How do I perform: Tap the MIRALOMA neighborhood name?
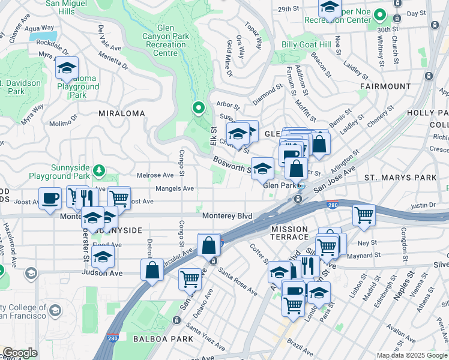[x=122, y=113]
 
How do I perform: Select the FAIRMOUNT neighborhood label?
[x=385, y=86]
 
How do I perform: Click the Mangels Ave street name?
[x=175, y=188]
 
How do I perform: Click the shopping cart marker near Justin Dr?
[x=364, y=215]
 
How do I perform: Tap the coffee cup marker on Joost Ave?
[x=50, y=198]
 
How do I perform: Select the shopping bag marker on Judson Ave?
[x=152, y=269]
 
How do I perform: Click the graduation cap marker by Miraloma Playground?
[x=67, y=68]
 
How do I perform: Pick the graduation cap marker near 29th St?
[x=329, y=8]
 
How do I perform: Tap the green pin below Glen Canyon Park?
[x=199, y=108]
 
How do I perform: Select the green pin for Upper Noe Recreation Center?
[x=379, y=14]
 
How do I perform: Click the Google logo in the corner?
[x=20, y=353]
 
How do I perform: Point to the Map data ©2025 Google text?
[x=412, y=355]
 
